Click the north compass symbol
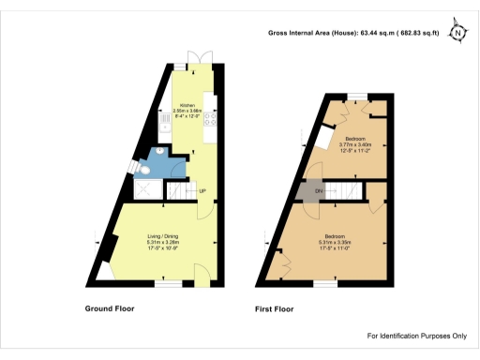pos(458,31)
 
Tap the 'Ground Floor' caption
pos(112,307)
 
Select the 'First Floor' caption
pos(276,307)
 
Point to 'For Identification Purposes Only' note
pos(416,336)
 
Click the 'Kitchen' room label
pos(187,106)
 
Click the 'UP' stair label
pos(202,192)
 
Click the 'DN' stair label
pos(320,192)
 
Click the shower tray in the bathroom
pos(146,190)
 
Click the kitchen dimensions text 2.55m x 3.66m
pos(187,112)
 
